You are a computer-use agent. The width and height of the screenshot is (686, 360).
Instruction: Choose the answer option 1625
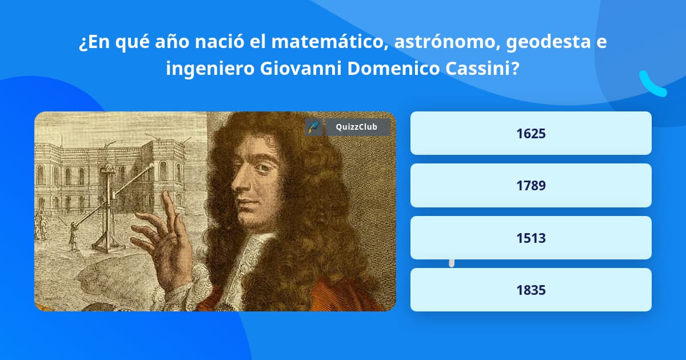point(531,133)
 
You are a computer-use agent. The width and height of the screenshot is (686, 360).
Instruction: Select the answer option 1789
point(531,186)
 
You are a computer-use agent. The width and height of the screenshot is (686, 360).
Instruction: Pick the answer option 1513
point(531,238)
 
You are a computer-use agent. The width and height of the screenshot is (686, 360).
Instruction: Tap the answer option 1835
point(531,290)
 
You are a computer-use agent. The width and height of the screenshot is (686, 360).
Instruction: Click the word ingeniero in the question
point(210,69)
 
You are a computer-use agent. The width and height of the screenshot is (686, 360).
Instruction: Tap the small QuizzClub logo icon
point(314,127)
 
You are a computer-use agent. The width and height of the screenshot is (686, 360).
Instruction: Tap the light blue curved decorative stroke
point(652,84)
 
